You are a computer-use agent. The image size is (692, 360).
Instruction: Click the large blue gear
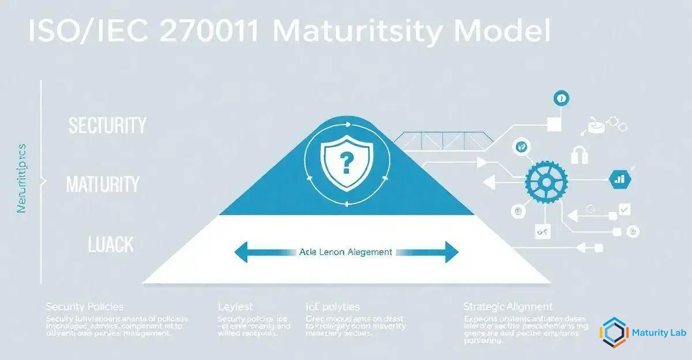click(546, 183)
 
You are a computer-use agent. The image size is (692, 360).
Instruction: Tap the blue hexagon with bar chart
click(619, 179)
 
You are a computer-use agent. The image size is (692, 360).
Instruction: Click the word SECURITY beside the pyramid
click(107, 126)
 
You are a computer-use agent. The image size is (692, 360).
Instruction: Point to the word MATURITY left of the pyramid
click(103, 185)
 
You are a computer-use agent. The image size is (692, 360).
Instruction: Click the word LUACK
click(111, 245)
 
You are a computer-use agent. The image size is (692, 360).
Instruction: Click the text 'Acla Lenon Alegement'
click(345, 252)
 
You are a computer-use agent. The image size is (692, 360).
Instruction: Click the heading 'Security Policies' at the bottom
click(84, 306)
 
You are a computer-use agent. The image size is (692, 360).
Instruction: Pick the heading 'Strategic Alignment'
click(507, 306)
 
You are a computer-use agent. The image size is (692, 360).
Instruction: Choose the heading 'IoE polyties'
click(333, 306)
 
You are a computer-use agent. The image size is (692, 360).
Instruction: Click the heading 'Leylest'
click(235, 306)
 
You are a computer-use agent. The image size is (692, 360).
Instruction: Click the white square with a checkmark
click(623, 209)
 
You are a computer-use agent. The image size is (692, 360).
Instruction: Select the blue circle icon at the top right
click(561, 99)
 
